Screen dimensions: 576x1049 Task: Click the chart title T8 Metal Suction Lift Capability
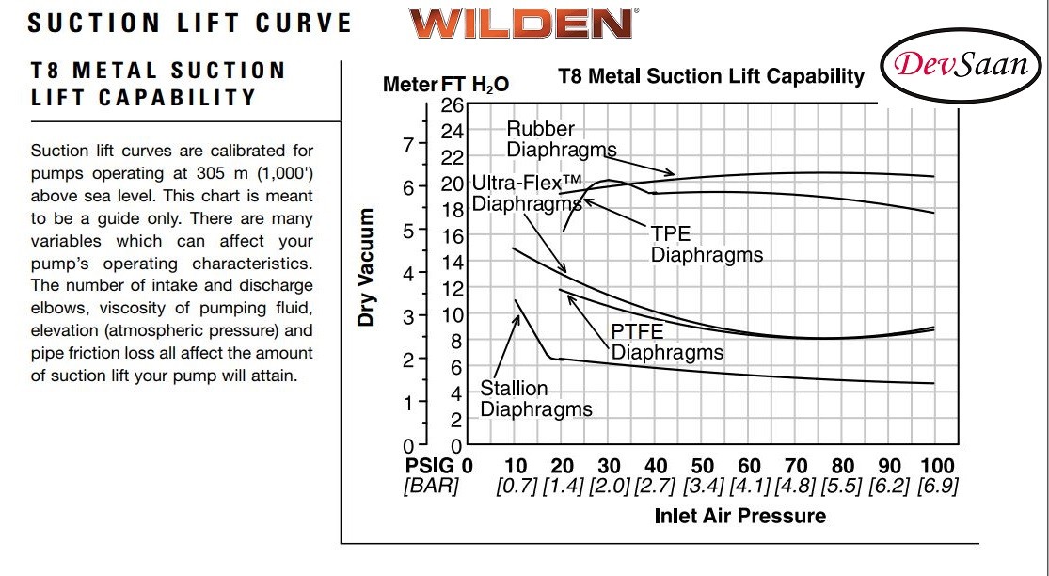(x=710, y=76)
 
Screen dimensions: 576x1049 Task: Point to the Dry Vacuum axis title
(x=366, y=267)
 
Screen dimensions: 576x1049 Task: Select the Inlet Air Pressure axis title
(x=739, y=515)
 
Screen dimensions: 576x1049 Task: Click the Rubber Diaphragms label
(x=561, y=138)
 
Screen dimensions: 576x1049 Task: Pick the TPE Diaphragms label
(x=707, y=245)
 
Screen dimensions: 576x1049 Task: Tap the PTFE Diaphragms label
(x=667, y=342)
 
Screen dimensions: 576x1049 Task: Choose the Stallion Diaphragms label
(x=536, y=398)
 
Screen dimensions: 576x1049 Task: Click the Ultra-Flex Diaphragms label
(x=527, y=192)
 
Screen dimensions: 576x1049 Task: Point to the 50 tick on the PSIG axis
(x=702, y=465)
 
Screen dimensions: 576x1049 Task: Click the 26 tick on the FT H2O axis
(x=453, y=104)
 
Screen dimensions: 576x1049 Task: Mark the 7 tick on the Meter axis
(x=407, y=145)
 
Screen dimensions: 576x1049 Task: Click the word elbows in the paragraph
(x=55, y=309)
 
